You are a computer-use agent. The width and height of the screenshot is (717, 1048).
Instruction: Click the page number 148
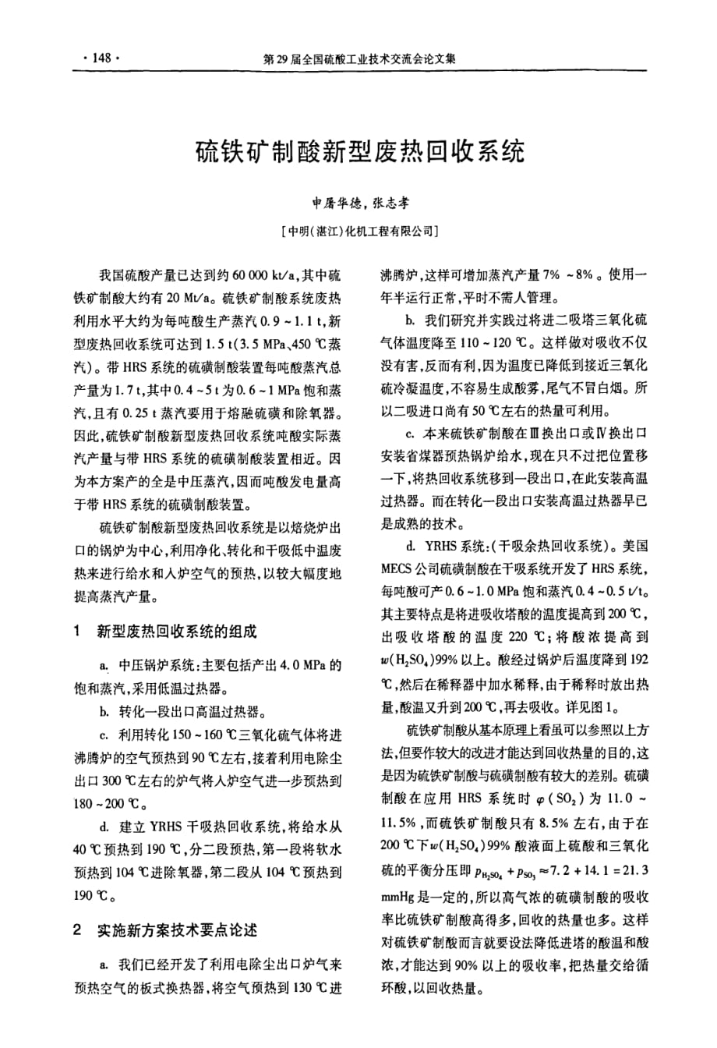(x=100, y=58)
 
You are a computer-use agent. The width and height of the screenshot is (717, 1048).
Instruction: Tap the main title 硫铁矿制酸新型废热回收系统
(x=359, y=150)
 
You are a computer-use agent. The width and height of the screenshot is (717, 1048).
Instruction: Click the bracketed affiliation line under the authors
(x=359, y=231)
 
